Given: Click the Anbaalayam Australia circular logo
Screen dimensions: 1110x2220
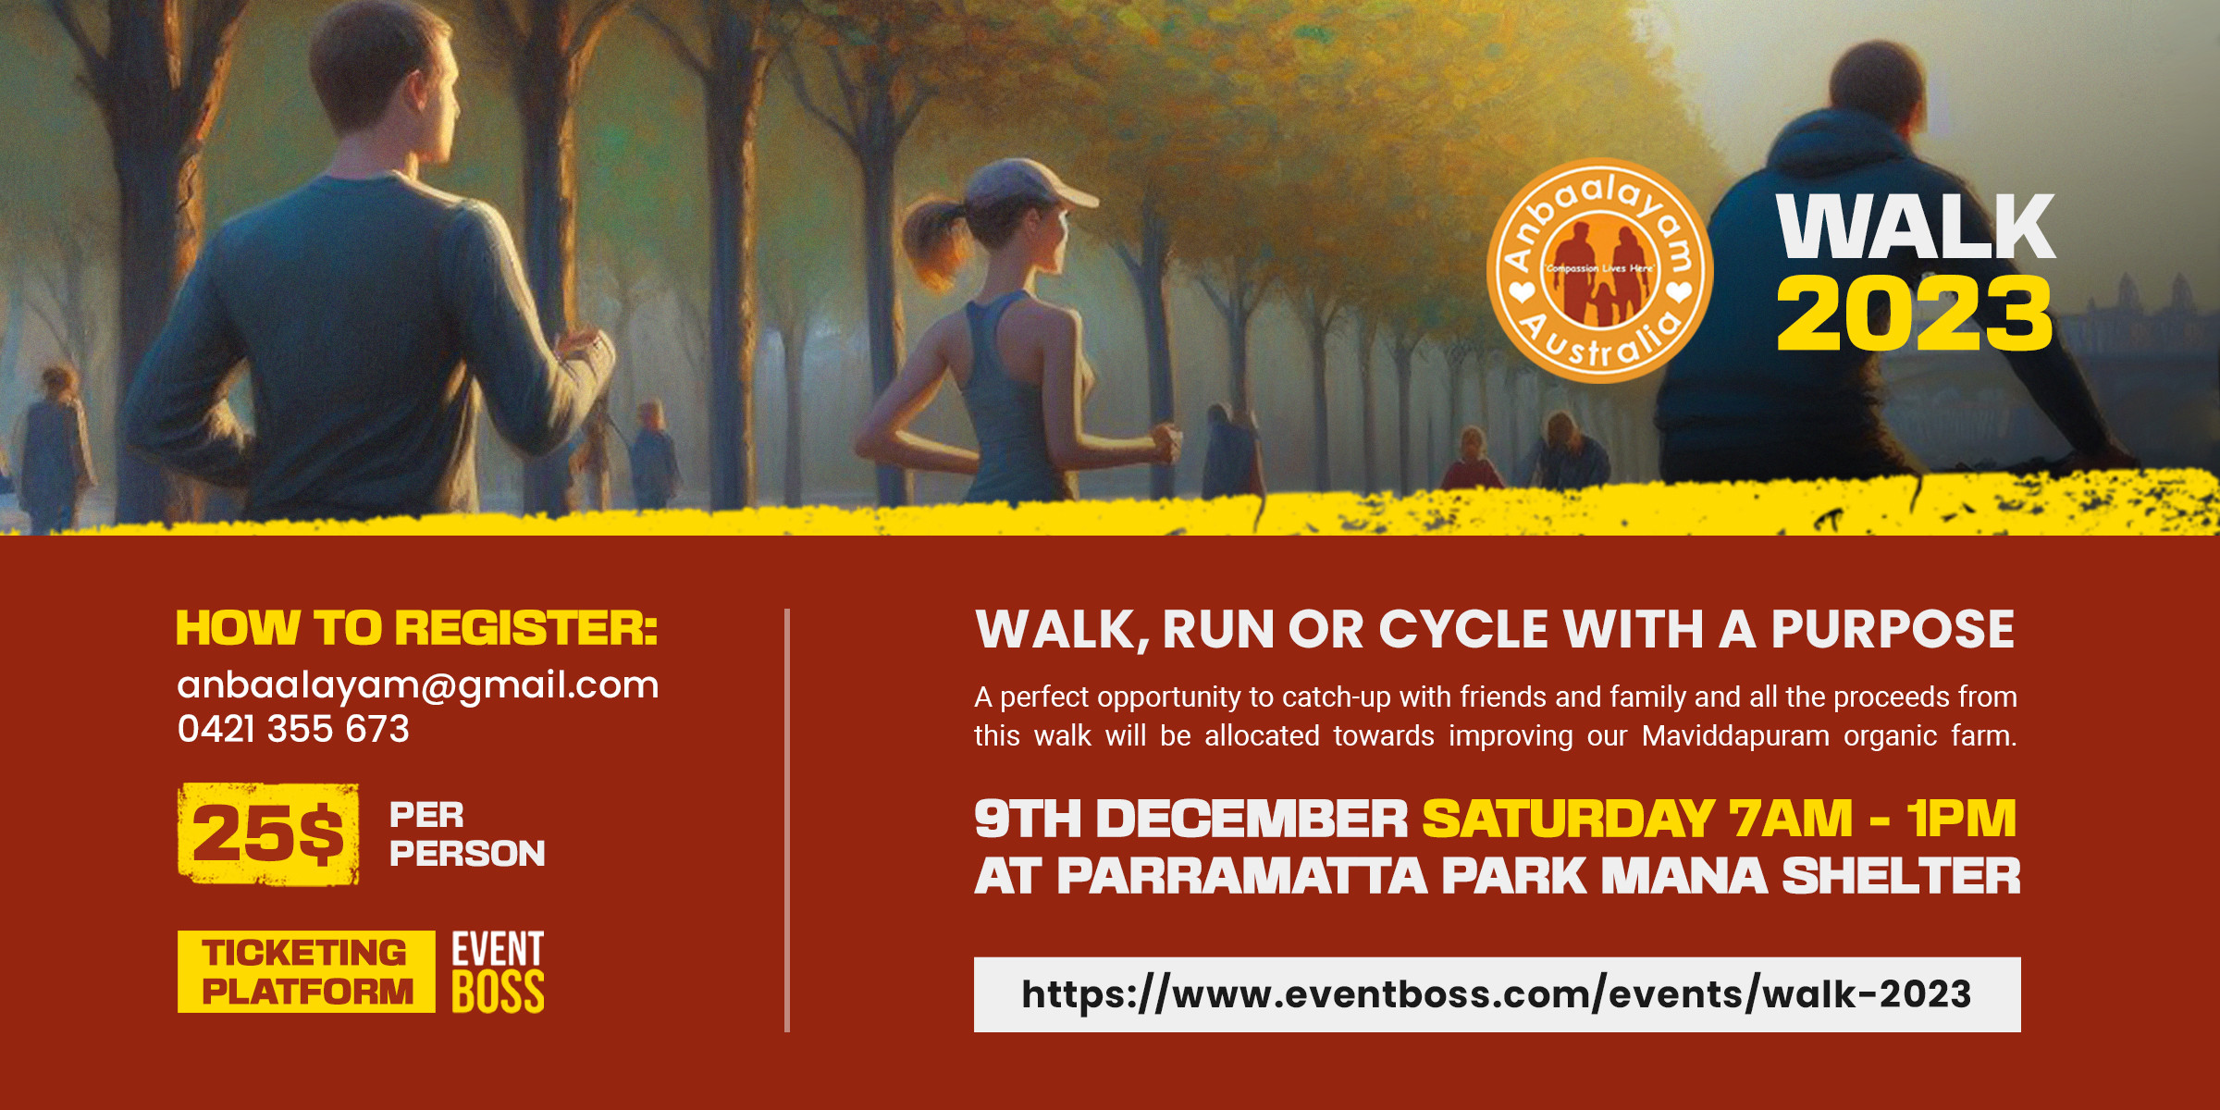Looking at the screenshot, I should click(1599, 271).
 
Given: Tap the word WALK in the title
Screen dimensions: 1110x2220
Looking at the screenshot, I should click(1915, 228).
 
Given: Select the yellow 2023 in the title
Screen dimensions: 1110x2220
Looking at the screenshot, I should click(1913, 314).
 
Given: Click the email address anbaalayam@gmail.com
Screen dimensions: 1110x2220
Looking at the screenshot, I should click(418, 685).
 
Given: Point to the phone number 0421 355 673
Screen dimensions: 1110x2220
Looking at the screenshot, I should click(293, 730).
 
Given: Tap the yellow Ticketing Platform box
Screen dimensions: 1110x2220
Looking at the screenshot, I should click(306, 971).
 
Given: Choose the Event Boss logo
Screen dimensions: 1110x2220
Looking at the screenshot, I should click(498, 972).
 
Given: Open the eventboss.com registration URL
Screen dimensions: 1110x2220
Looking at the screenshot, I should click(1497, 994).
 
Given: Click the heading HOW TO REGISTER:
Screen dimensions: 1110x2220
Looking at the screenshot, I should click(416, 629).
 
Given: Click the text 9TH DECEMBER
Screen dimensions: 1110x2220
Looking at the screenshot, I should click(1190, 820).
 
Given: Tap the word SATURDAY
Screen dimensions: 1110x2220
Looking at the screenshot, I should click(1569, 820).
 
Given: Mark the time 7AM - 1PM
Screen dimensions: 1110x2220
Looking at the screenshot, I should click(1873, 820).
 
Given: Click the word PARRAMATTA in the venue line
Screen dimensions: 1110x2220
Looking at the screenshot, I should click(1241, 877).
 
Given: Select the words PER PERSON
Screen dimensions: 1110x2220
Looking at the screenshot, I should click(466, 834).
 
